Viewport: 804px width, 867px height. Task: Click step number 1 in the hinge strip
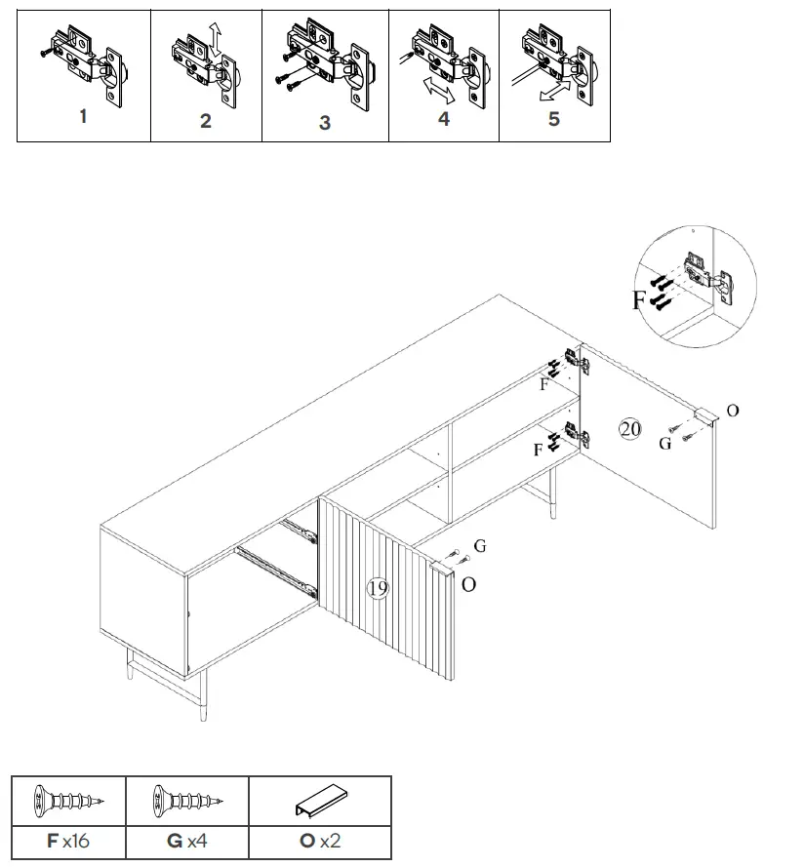(x=83, y=116)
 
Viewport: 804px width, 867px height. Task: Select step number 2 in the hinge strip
(x=205, y=121)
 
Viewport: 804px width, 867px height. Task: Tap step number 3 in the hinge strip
(x=325, y=123)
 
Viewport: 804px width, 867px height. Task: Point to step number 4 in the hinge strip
(x=444, y=119)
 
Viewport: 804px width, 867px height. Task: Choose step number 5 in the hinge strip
(x=554, y=119)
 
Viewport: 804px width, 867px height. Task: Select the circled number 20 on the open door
(x=630, y=428)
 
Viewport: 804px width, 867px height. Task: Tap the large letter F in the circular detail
(x=639, y=299)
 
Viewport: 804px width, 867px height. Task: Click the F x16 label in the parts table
(x=67, y=840)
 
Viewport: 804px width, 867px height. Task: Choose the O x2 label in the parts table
(x=319, y=840)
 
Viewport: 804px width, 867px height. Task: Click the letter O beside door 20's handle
(x=733, y=411)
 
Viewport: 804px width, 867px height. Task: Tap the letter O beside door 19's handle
(x=469, y=584)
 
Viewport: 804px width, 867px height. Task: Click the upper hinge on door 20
(x=577, y=363)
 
